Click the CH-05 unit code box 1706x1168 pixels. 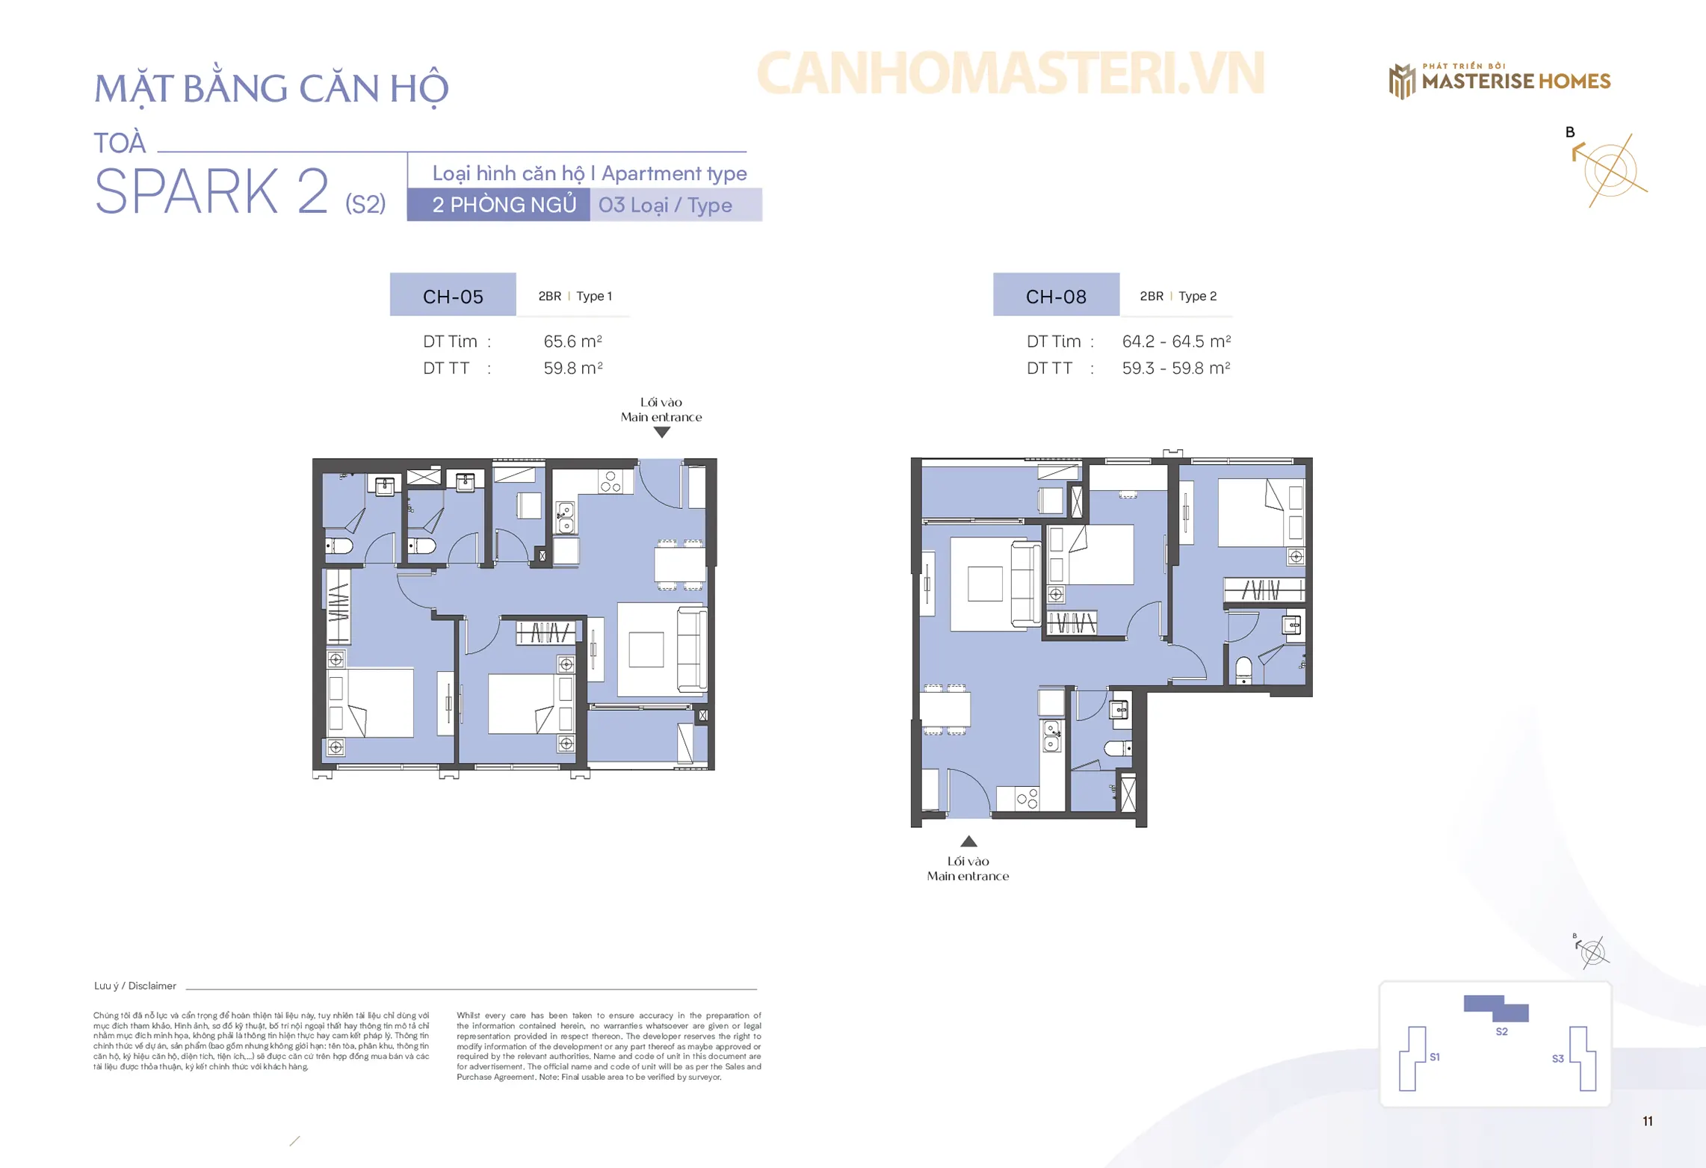452,294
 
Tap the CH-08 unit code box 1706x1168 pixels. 1055,294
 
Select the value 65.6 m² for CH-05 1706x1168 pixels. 572,341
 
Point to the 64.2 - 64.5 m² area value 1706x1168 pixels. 1175,341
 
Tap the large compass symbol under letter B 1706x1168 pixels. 1610,170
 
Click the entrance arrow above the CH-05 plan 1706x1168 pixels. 661,432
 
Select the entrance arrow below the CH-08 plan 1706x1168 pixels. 968,841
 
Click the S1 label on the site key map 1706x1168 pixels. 1434,1057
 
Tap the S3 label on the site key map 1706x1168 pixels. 1557,1058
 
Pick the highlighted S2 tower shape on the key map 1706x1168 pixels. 1495,1008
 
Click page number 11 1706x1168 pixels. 1647,1121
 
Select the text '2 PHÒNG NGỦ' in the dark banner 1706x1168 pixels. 504,205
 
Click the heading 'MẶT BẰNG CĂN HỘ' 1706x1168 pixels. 271,88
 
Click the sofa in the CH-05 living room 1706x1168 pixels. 691,649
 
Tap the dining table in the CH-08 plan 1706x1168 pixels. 945,709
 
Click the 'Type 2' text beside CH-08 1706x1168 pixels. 1197,296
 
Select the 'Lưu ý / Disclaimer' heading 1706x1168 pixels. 135,986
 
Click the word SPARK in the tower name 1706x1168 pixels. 186,191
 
